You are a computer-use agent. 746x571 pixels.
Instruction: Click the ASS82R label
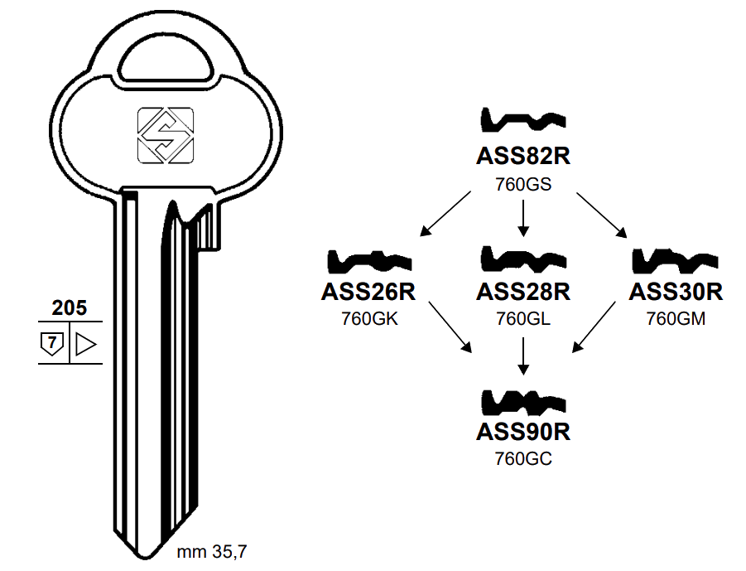pyautogui.click(x=523, y=157)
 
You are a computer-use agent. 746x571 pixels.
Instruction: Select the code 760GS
pyautogui.click(x=523, y=184)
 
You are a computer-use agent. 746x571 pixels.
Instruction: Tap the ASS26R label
pyautogui.click(x=368, y=292)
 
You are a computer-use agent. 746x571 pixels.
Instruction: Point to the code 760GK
pyautogui.click(x=369, y=318)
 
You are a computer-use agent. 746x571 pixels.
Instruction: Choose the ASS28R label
pyautogui.click(x=523, y=292)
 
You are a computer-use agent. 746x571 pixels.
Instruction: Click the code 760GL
pyautogui.click(x=523, y=318)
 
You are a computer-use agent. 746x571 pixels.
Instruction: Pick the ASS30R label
pyautogui.click(x=676, y=292)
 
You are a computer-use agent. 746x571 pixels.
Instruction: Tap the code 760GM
pyautogui.click(x=676, y=318)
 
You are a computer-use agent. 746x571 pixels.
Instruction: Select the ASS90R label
pyautogui.click(x=523, y=432)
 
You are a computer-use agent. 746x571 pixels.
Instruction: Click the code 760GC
pyautogui.click(x=523, y=458)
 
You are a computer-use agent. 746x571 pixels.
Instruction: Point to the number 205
pyautogui.click(x=70, y=308)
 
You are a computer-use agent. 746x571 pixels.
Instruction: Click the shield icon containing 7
pyautogui.click(x=52, y=342)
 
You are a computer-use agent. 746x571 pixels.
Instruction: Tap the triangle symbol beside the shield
pyautogui.click(x=86, y=342)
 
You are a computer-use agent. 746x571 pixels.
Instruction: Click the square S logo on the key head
pyautogui.click(x=165, y=134)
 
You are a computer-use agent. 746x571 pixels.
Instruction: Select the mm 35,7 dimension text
pyautogui.click(x=212, y=549)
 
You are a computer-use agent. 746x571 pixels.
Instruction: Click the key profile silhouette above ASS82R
pyautogui.click(x=523, y=123)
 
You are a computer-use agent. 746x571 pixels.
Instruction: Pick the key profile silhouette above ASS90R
pyautogui.click(x=523, y=402)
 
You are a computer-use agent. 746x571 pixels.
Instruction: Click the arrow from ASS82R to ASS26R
pyautogui.click(x=447, y=212)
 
